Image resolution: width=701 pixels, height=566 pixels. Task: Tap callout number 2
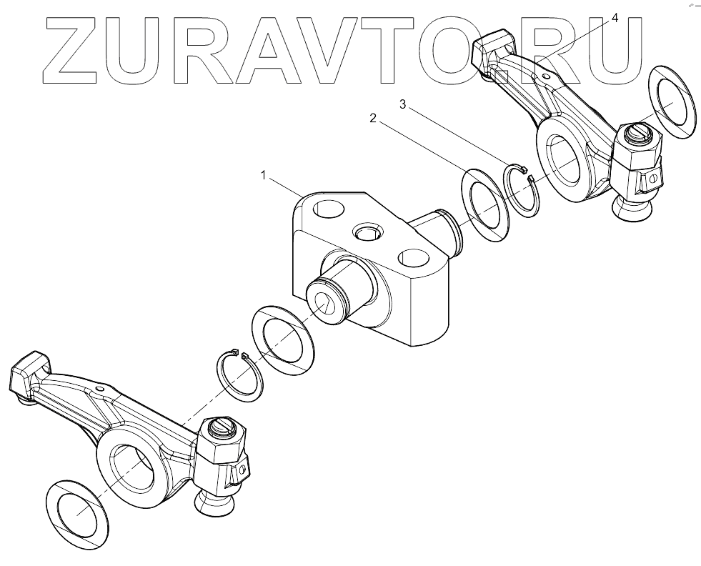(x=372, y=119)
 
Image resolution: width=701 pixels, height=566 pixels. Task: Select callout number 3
(x=402, y=105)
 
